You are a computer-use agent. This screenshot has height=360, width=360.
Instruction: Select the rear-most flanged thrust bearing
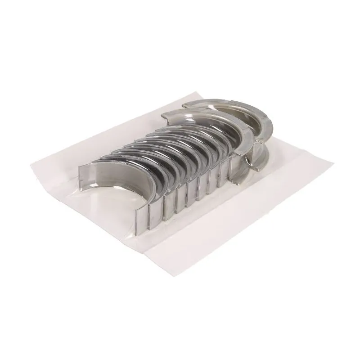(x=234, y=106)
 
